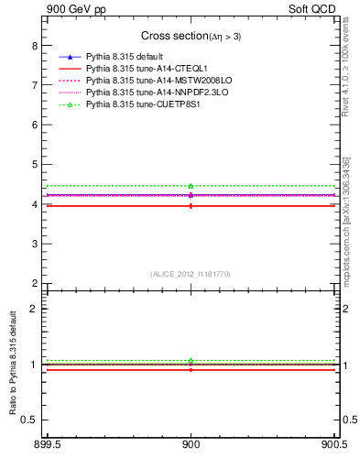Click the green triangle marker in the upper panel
click(x=191, y=186)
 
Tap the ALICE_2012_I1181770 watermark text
click(x=190, y=274)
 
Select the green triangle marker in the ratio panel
click(x=191, y=360)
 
